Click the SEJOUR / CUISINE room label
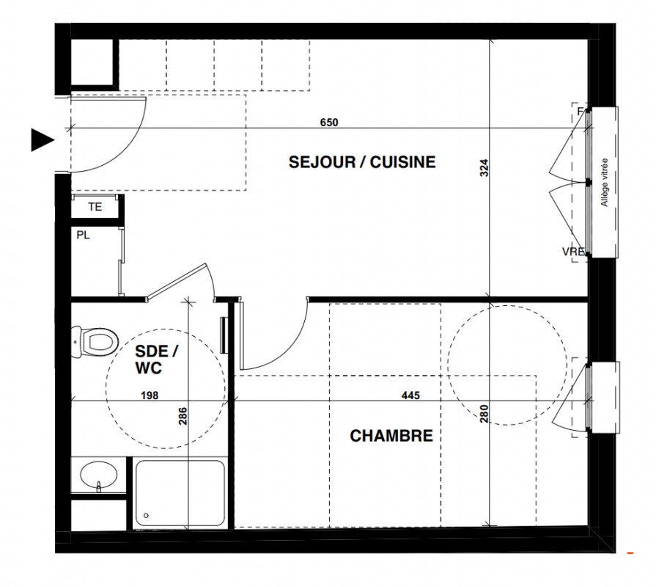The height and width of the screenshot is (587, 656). tap(362, 162)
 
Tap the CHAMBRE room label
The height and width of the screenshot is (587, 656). tap(391, 436)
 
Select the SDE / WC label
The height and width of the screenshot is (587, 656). tap(156, 360)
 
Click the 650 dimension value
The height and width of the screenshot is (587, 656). tap(329, 123)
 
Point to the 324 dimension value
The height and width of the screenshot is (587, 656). tap(484, 167)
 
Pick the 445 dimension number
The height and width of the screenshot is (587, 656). tap(410, 395)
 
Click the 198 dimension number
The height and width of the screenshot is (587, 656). tap(150, 395)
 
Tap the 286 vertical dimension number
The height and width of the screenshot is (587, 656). tap(183, 416)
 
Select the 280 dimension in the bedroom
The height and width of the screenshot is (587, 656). tap(484, 414)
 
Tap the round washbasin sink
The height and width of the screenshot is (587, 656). tap(98, 475)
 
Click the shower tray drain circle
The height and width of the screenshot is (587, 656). tap(146, 515)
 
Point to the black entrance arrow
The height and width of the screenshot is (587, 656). tap(43, 140)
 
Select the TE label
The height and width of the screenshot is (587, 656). tap(95, 207)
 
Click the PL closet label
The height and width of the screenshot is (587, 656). tap(83, 236)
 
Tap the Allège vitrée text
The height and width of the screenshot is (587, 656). tap(604, 182)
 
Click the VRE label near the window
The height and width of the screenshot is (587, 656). tap(573, 252)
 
